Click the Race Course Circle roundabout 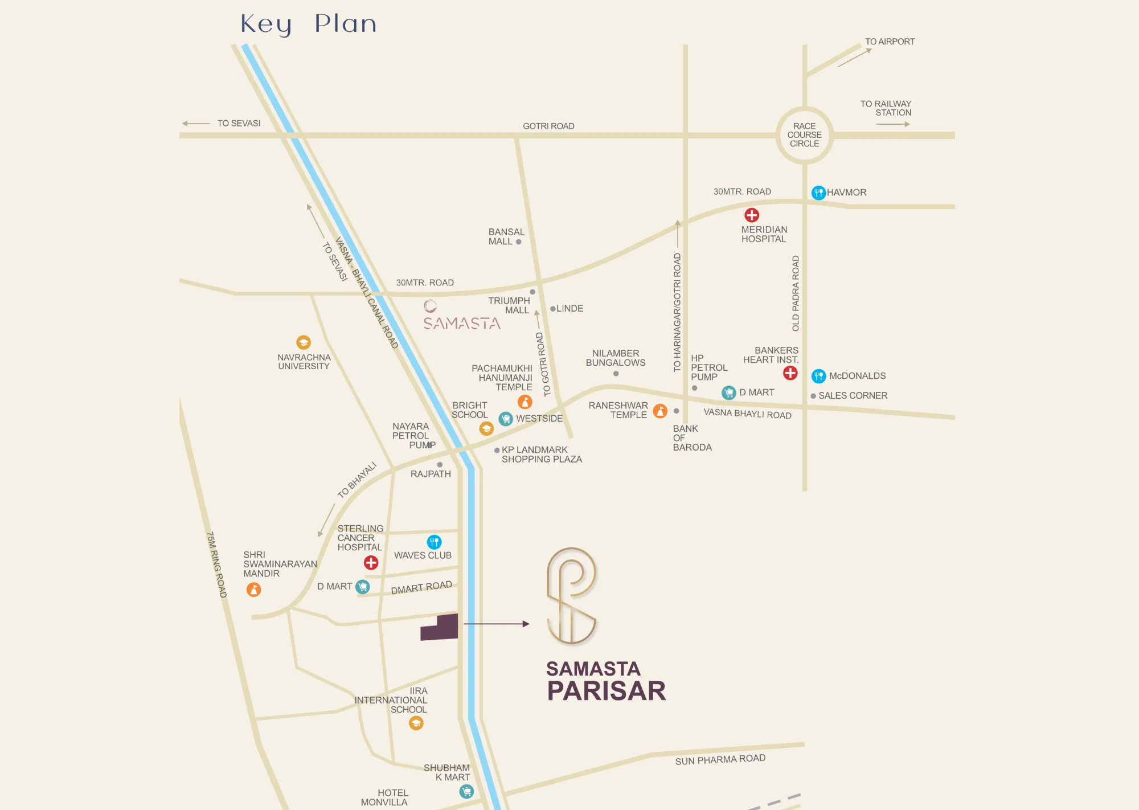804,135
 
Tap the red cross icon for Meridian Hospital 752,215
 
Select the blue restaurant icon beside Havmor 818,193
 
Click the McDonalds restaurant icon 818,376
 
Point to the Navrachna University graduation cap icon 304,342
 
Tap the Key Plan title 308,24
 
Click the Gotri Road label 548,126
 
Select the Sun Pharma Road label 720,760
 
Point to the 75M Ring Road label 216,564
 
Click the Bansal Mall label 506,236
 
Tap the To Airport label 890,42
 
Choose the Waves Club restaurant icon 434,542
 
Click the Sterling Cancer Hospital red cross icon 371,563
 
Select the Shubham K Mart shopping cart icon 466,791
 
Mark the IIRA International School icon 416,723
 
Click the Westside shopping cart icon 505,419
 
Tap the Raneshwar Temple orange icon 660,411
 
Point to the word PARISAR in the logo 606,691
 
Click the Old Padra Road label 796,293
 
